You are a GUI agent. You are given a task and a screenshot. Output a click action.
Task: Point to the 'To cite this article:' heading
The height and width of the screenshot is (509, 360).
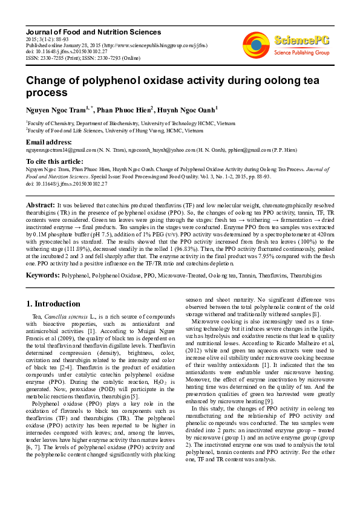coord(54,161)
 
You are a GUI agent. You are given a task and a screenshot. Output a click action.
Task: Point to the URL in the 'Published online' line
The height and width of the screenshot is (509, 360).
coord(155,45)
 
